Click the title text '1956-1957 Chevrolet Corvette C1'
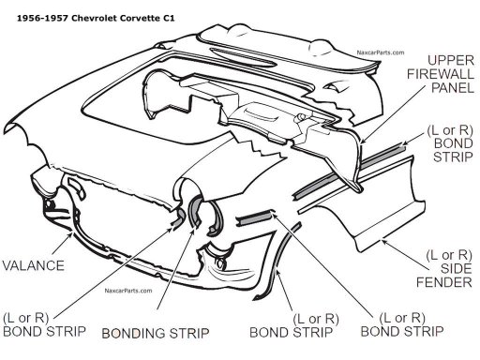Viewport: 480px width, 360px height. (x=96, y=18)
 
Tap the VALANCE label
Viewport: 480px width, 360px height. (x=33, y=265)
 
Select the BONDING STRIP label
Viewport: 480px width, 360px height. (x=156, y=333)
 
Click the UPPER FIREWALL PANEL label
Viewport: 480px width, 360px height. (x=441, y=74)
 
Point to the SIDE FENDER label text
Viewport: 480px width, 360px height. (x=444, y=269)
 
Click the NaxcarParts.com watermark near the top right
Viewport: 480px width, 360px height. (x=381, y=52)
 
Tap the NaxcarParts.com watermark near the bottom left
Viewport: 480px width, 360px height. (x=128, y=291)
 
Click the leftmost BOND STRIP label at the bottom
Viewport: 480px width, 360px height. (x=44, y=325)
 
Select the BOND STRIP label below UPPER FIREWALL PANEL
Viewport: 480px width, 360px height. (x=450, y=143)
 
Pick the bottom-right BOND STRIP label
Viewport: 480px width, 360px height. (x=402, y=325)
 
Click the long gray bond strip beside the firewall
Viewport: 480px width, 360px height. (x=349, y=171)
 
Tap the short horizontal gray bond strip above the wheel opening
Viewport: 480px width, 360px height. (x=255, y=217)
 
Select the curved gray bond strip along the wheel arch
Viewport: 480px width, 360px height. (x=277, y=260)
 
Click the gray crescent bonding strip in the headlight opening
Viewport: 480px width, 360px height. (x=193, y=209)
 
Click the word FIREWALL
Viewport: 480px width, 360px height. (x=441, y=74)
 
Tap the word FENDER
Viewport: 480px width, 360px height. (x=444, y=282)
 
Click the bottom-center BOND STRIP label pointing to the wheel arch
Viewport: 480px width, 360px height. (x=294, y=325)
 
